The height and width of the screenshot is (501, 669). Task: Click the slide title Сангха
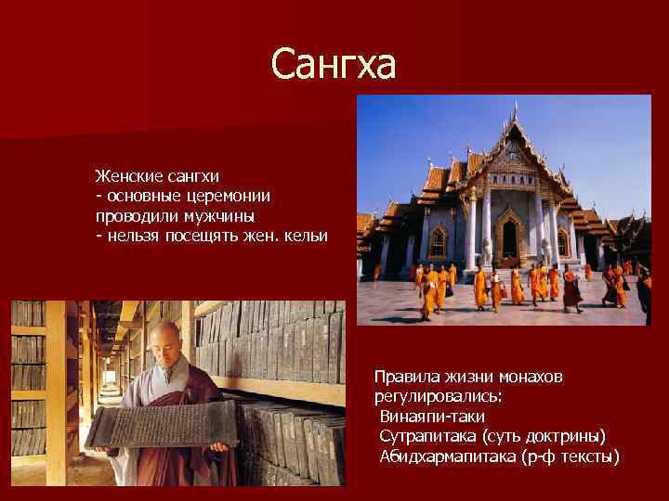click(334, 65)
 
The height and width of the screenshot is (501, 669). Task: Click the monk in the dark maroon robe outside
click(571, 289)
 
